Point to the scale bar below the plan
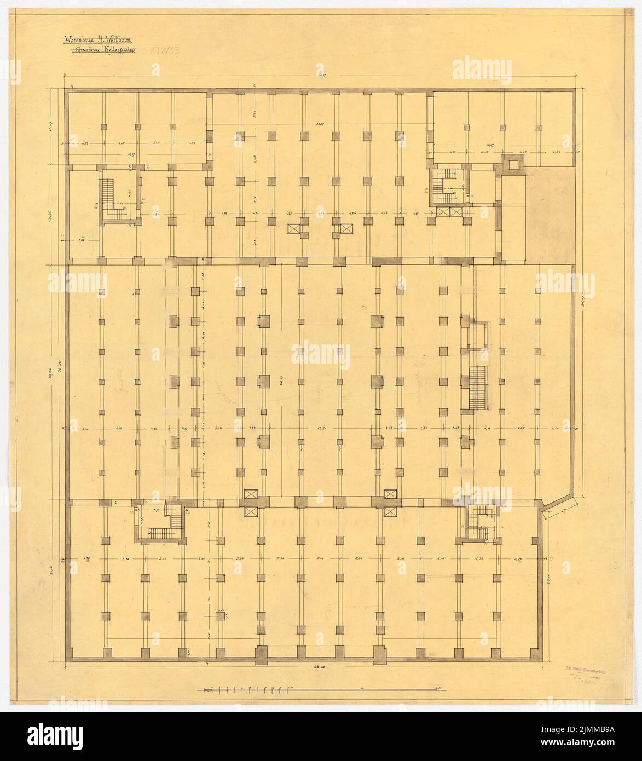(323, 689)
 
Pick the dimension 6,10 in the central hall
(219, 429)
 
